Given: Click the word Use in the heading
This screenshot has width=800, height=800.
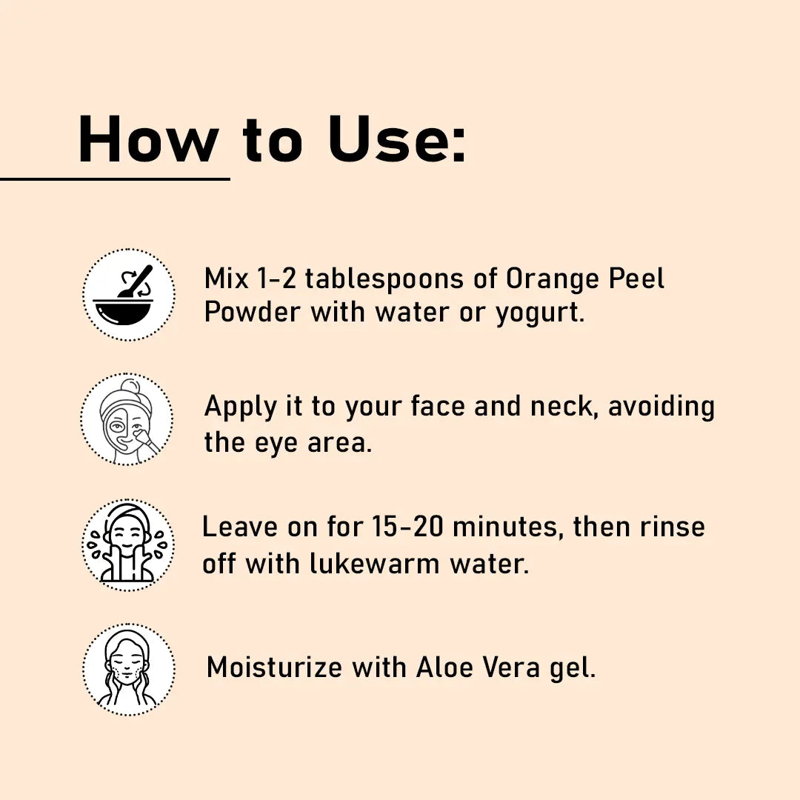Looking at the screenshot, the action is point(396,139).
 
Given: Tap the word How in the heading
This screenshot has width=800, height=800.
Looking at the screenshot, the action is point(148,139).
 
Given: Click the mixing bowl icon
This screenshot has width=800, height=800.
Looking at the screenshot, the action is point(129,295).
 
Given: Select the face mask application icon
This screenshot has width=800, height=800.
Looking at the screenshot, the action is point(127,419).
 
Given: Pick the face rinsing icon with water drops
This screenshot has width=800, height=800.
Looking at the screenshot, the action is point(128,545).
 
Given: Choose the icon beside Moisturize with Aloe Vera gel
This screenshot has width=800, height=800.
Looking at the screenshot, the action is point(129,669).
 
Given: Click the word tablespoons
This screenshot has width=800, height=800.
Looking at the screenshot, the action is point(384,280).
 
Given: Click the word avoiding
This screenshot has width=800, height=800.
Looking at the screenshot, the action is point(661,407).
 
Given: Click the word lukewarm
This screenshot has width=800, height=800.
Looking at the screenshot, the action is point(375,564).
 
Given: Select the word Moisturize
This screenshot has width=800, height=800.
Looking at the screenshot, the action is point(275,667).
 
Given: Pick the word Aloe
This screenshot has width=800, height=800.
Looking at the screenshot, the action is point(445,667).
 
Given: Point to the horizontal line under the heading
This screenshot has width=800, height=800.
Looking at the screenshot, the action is point(115,179).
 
